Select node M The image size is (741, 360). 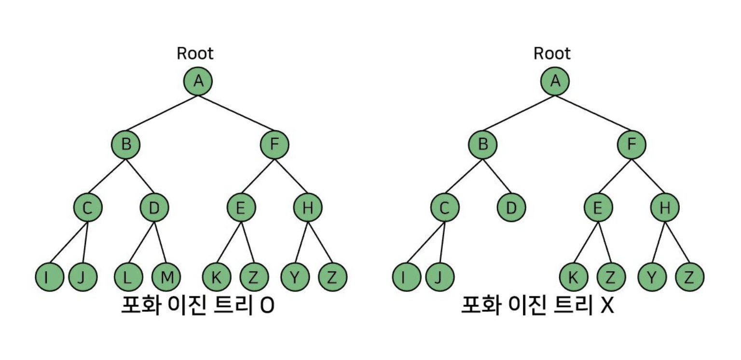166,277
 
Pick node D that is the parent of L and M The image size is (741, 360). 154,208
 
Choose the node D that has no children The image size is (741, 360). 511,208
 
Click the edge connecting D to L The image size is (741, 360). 141,243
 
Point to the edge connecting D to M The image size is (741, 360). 160,243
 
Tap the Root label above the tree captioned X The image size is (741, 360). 552,54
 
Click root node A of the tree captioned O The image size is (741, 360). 198,81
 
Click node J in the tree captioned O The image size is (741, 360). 83,277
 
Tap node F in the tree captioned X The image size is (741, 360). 631,144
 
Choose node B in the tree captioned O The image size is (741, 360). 126,144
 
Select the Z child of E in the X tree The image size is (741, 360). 611,277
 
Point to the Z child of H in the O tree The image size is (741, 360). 333,277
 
